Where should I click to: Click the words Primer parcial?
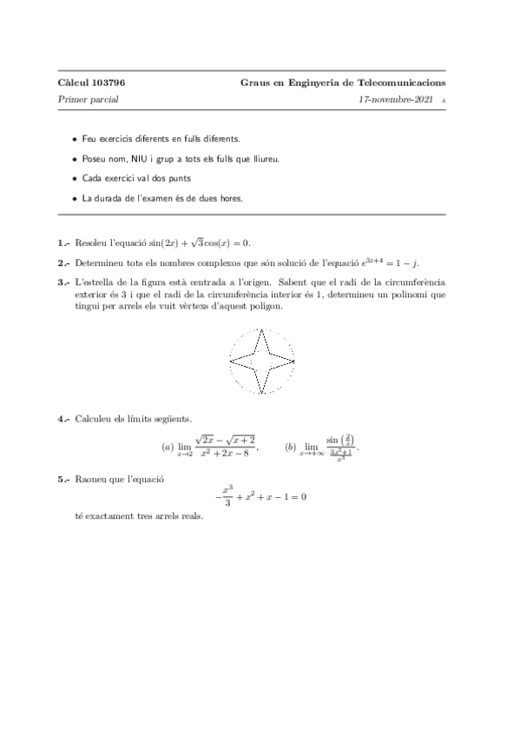click(88, 100)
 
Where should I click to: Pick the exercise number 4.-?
click(63, 419)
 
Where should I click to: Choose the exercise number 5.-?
click(63, 479)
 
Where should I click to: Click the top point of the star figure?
click(262, 329)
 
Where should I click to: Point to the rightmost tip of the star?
click(294, 361)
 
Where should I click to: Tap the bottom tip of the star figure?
click(262, 394)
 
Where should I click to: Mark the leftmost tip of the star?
click(230, 362)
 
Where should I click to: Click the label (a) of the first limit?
click(168, 447)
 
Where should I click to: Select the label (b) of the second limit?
click(290, 447)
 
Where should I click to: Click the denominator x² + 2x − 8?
click(224, 454)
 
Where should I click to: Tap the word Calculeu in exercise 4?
click(94, 419)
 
